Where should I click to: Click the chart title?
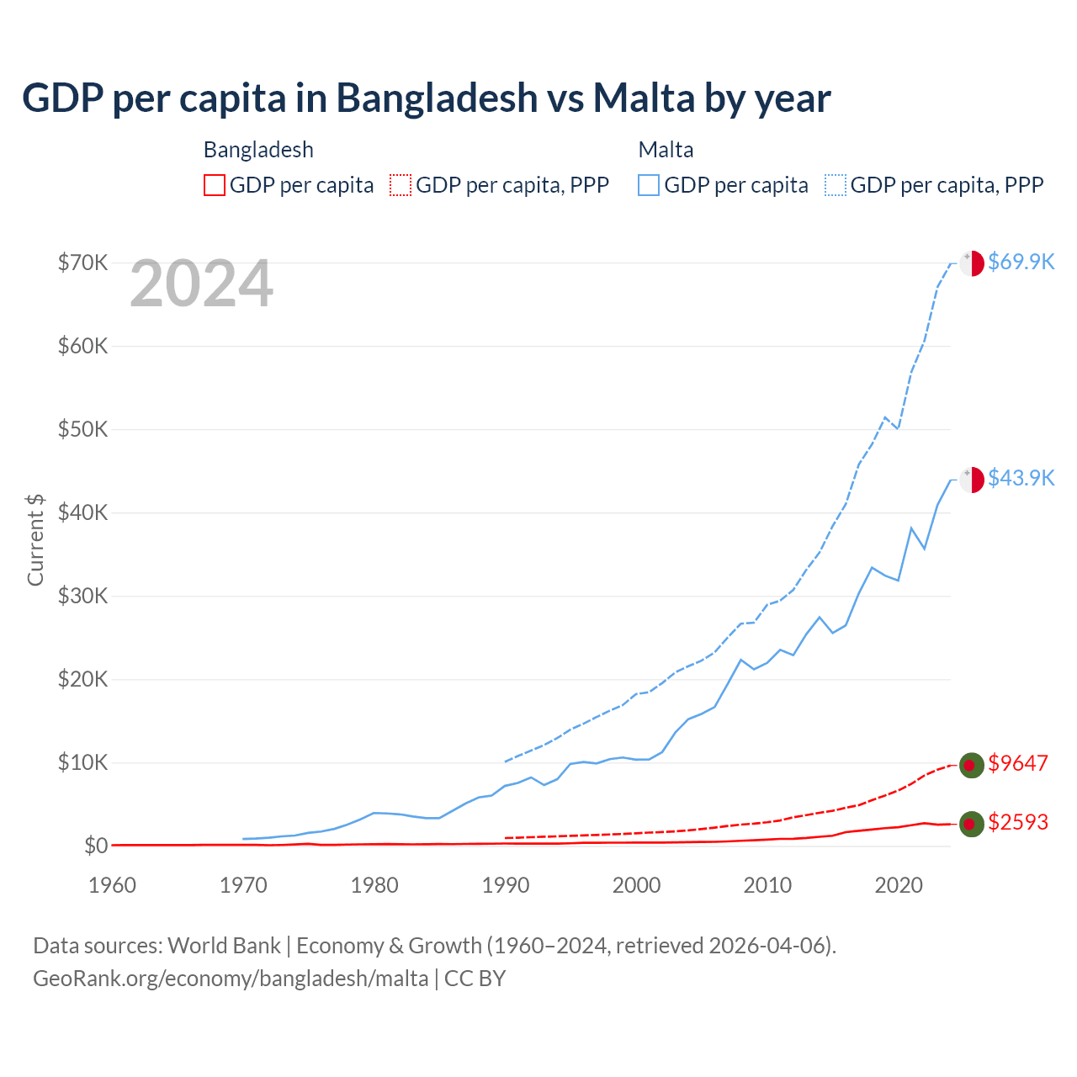[426, 98]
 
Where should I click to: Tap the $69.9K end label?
[1021, 262]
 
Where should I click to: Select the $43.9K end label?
[1021, 478]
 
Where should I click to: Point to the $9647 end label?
[1018, 763]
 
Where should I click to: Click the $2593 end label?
[1018, 822]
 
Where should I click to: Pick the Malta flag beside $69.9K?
[972, 263]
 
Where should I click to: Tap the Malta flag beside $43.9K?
[972, 479]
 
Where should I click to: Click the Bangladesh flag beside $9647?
[971, 765]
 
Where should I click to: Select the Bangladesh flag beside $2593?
[971, 824]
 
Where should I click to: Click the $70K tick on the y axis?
[82, 263]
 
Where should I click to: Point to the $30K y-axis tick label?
[82, 597]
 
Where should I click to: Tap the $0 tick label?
[96, 846]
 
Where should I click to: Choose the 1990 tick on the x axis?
[506, 885]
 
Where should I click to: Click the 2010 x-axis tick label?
[767, 885]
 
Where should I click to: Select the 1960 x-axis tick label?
[113, 885]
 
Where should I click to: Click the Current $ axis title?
[35, 539]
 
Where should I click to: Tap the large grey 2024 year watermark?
[201, 284]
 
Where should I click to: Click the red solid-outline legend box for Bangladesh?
[215, 185]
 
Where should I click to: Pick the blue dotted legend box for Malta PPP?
[836, 185]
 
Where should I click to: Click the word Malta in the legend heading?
[666, 150]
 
